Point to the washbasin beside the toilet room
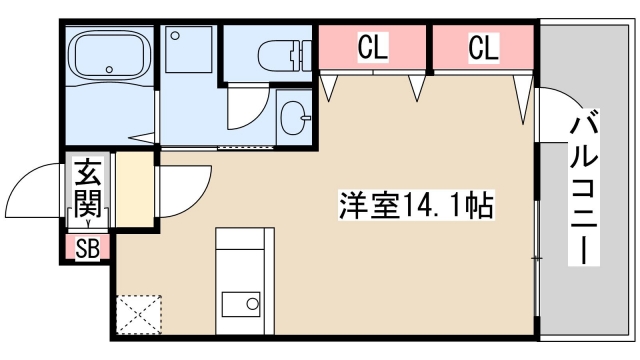coord(294,118)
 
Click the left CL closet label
coord(373,46)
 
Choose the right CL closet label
coord(483,46)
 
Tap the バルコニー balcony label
coord(584,190)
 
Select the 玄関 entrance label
coord(87,190)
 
